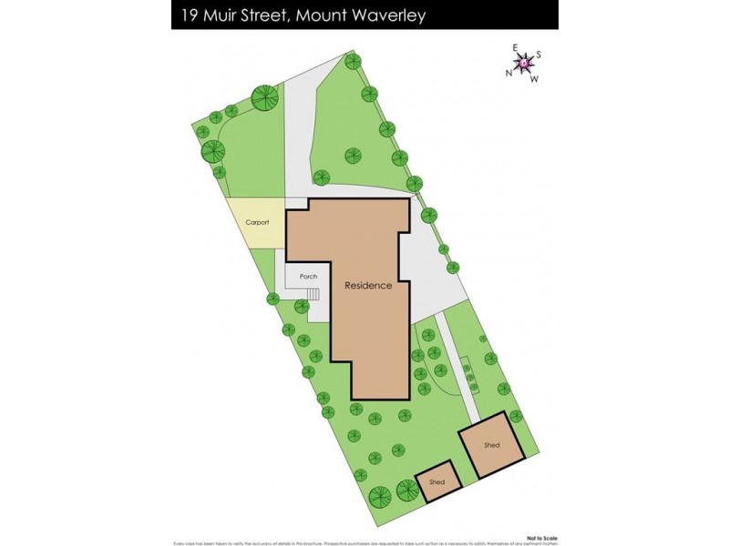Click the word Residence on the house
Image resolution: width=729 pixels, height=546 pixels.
click(x=368, y=285)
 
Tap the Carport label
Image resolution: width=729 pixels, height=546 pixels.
click(x=257, y=222)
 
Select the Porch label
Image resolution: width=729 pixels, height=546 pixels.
click(x=308, y=276)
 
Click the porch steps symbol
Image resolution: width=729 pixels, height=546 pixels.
click(x=313, y=294)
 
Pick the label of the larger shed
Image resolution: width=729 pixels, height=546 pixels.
click(x=492, y=445)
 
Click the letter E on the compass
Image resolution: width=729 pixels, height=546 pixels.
click(x=515, y=48)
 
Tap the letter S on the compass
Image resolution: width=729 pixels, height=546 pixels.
click(x=539, y=55)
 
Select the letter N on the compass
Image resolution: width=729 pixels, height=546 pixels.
click(x=508, y=73)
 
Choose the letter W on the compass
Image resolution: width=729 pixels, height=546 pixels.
click(x=534, y=78)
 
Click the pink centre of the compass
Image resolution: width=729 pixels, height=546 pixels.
click(x=525, y=63)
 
